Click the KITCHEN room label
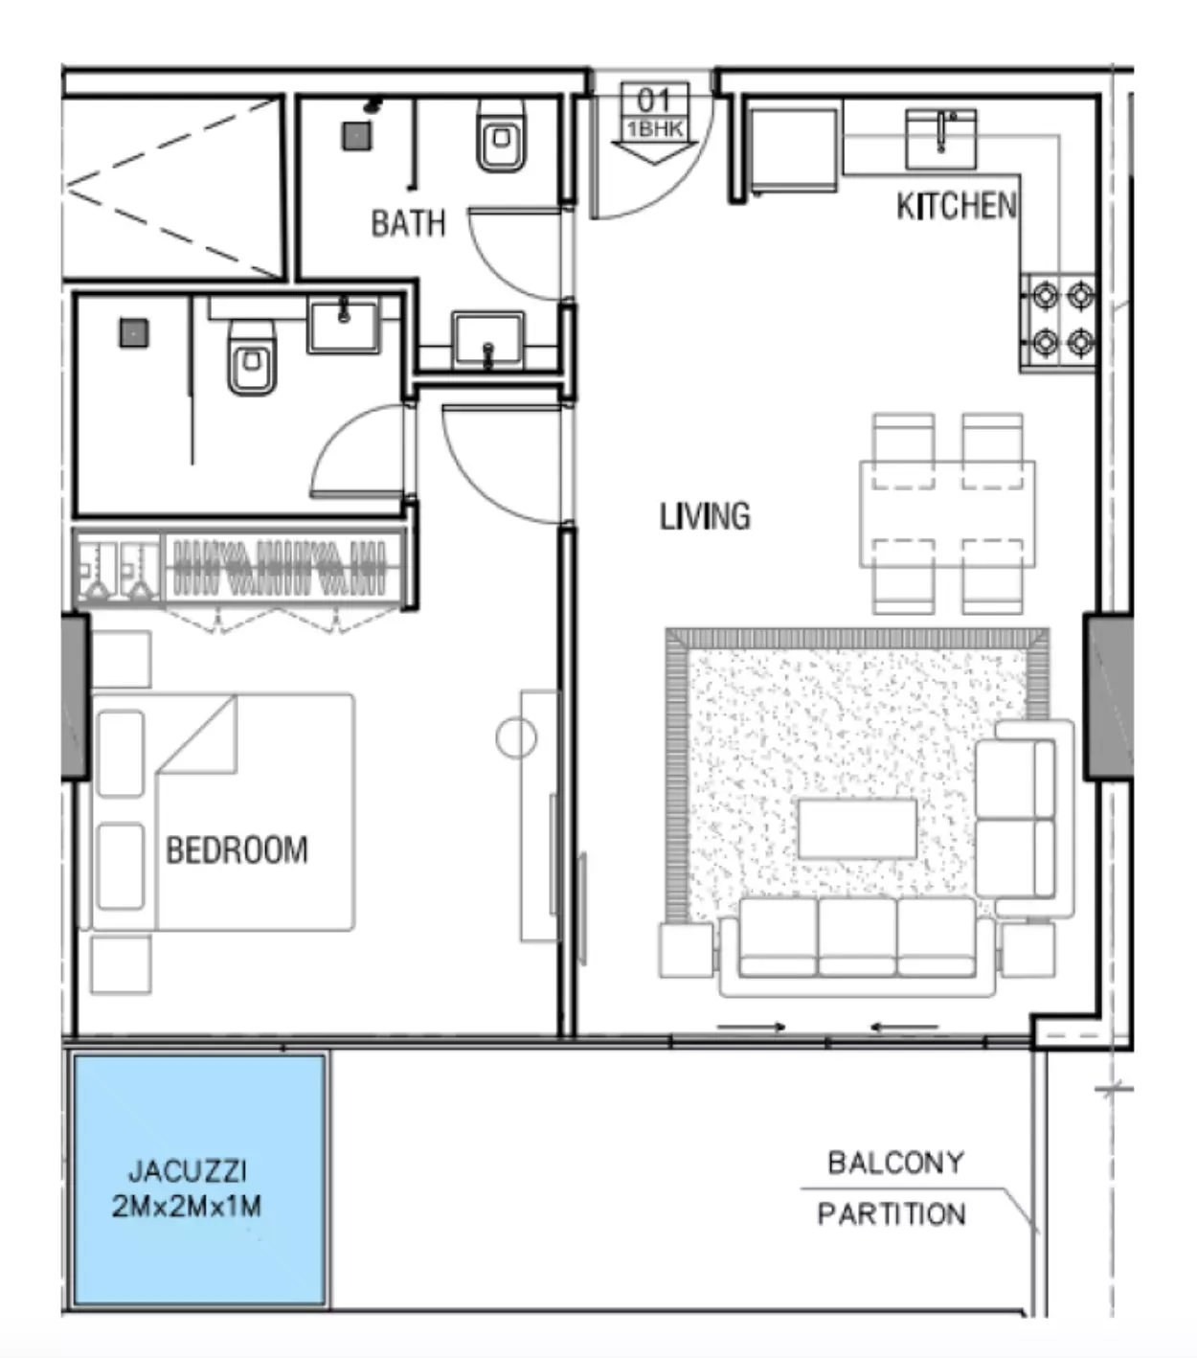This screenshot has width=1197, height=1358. [x=957, y=206]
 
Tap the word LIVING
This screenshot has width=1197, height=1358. [x=705, y=517]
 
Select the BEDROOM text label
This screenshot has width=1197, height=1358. [x=237, y=849]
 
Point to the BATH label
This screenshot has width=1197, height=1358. [x=408, y=223]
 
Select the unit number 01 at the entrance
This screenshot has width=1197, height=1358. [x=653, y=101]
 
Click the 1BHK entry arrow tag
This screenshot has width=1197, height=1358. [x=654, y=123]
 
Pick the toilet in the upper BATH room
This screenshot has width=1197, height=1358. [x=502, y=136]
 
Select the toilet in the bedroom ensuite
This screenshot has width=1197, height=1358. [x=251, y=358]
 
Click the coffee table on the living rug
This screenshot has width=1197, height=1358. [x=857, y=828]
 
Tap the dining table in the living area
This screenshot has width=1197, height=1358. [x=947, y=514]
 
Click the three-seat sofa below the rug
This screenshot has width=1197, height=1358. [x=856, y=946]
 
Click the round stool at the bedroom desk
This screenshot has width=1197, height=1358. [x=516, y=738]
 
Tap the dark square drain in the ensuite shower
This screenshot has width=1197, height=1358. [x=133, y=333]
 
